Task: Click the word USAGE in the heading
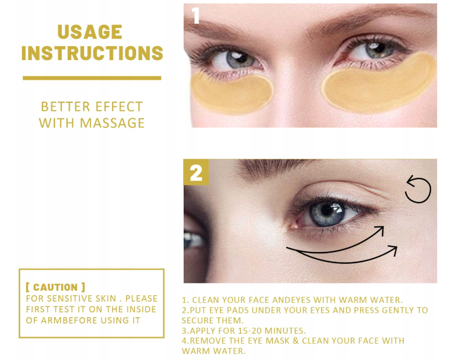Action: coord(90,32)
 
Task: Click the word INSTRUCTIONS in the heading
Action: coord(92,53)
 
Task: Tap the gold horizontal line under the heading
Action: coord(92,78)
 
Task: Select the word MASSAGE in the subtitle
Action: coord(112,123)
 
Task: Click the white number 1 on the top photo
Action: coord(195,15)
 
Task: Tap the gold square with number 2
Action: coord(196,172)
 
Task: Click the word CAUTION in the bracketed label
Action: coord(55,287)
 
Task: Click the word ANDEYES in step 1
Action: coord(291,300)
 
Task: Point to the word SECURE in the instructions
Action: coord(197,320)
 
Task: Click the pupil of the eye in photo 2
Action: coord(327,210)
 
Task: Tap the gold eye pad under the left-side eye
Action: coord(232,93)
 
